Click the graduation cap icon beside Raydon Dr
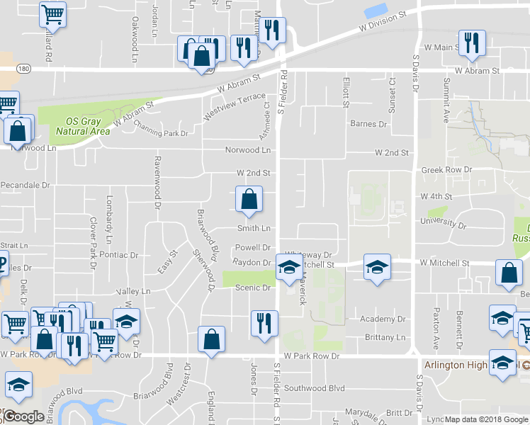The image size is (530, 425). (x=288, y=268)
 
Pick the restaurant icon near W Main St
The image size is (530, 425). (x=471, y=43)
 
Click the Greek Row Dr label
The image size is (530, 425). (x=446, y=170)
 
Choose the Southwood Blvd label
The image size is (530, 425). (x=314, y=388)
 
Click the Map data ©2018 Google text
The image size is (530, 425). (x=486, y=419)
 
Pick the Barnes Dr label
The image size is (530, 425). (x=369, y=124)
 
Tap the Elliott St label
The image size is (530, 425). (x=346, y=92)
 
